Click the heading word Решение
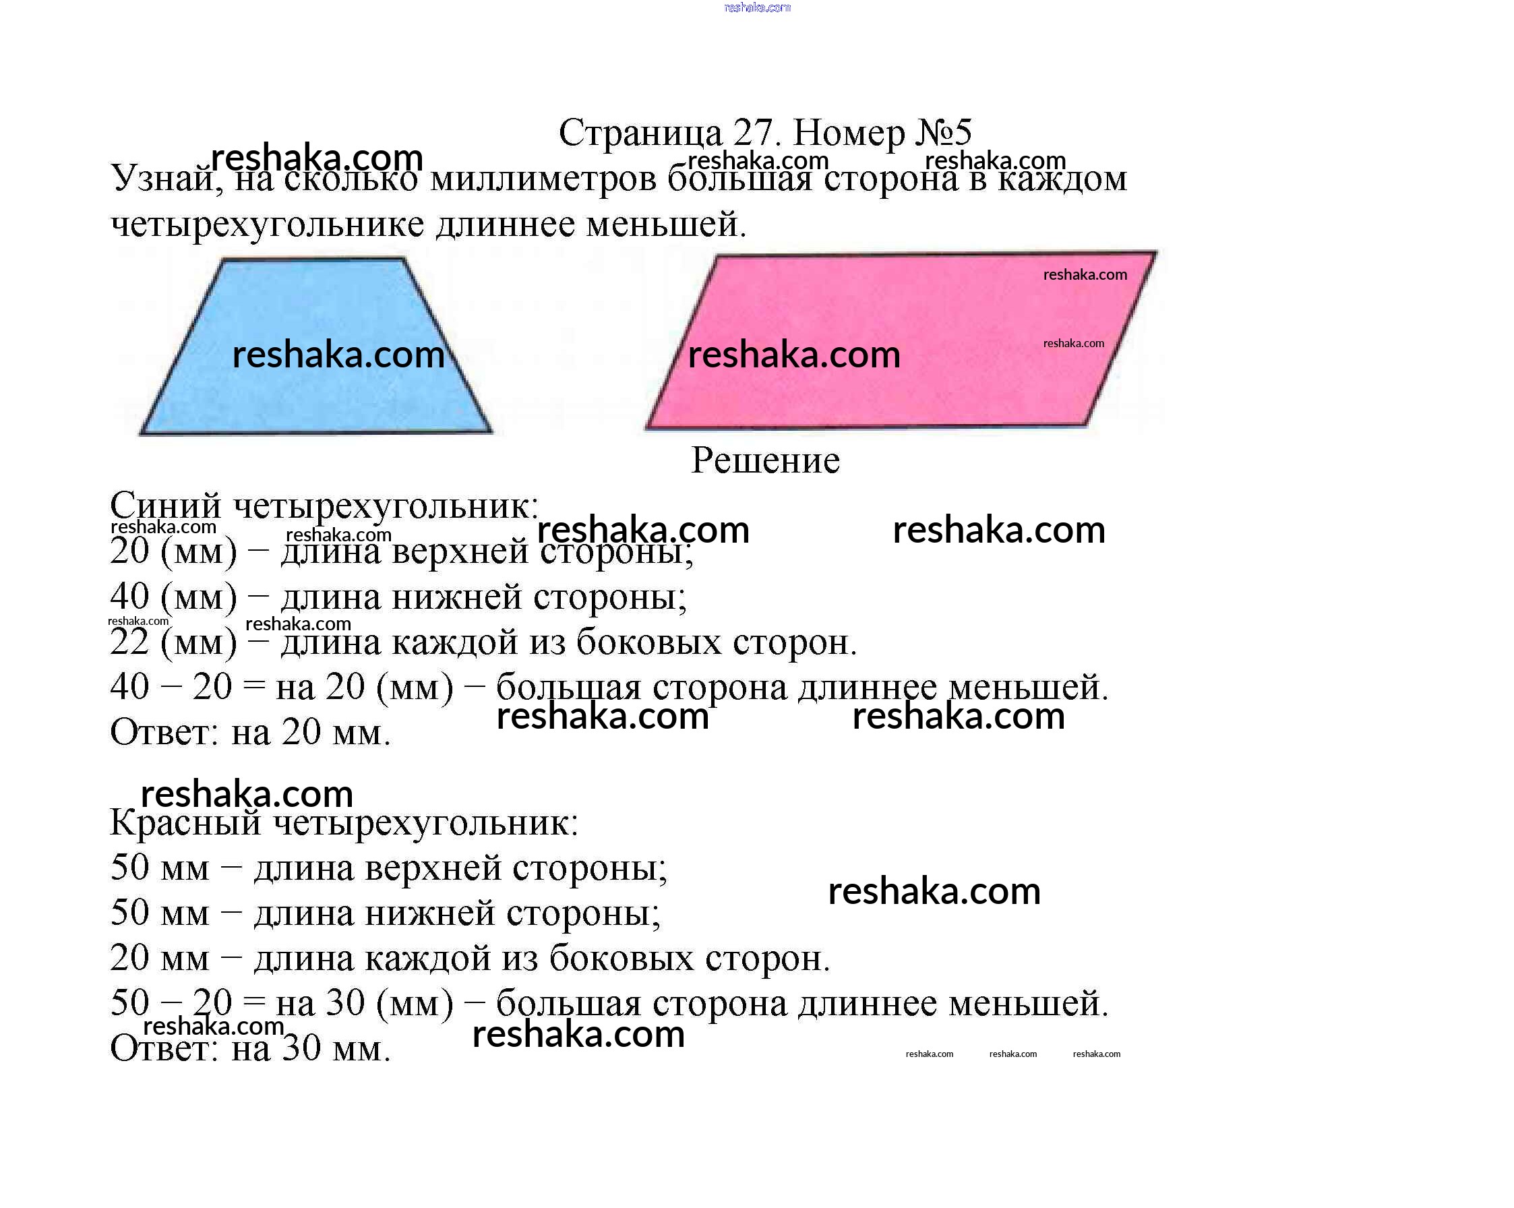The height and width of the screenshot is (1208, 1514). pos(766,460)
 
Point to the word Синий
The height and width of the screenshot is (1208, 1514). pos(166,506)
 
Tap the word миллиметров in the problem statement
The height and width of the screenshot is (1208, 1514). pos(543,179)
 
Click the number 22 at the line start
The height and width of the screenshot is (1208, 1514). pos(130,642)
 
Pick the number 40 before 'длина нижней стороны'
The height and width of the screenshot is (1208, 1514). pos(130,597)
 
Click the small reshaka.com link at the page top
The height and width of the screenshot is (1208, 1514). pos(757,7)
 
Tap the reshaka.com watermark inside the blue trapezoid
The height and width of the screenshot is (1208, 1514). pos(338,355)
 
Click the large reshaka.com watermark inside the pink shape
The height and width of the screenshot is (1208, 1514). pos(794,355)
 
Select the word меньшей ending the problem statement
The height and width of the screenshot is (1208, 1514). pos(667,224)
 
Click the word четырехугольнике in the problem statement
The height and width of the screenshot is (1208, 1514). pos(268,224)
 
